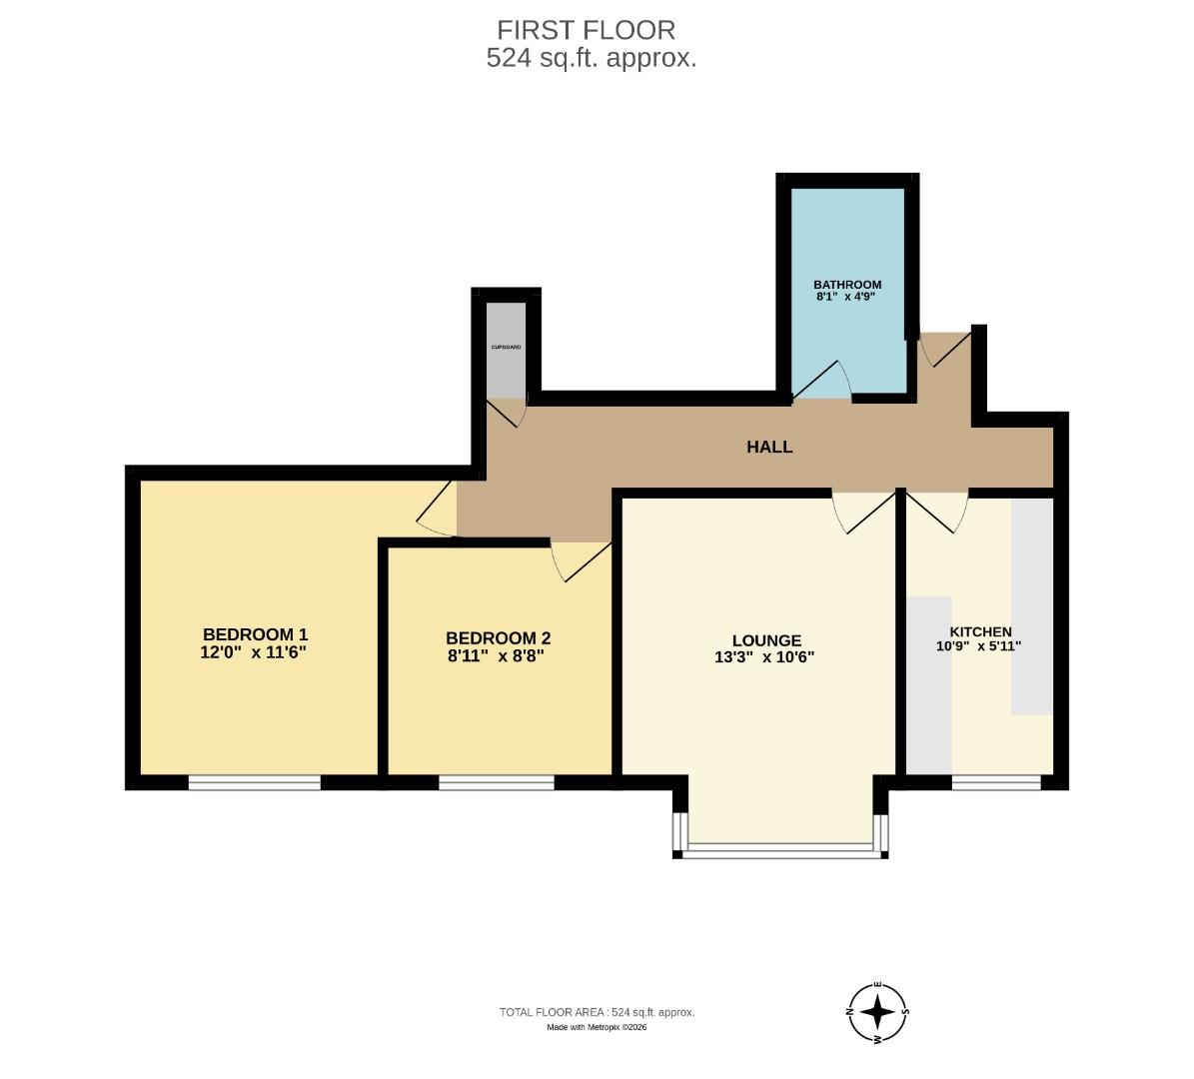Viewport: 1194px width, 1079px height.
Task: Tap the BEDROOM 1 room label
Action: tap(255, 634)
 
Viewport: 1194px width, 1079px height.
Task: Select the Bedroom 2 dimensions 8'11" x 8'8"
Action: tap(498, 657)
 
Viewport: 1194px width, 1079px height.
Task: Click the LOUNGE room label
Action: tap(766, 640)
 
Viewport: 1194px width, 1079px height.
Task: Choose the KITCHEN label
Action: tap(979, 631)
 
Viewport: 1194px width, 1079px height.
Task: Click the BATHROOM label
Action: tap(847, 285)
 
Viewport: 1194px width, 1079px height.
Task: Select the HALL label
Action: tap(769, 447)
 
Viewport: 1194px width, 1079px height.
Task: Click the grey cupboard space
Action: tap(506, 350)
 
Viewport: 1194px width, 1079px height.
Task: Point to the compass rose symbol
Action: tap(877, 1012)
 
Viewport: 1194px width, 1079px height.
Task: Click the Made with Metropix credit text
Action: tap(597, 1027)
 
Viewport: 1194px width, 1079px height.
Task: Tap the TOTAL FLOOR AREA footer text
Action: tap(597, 1012)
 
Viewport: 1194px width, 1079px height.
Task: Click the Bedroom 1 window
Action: tap(255, 782)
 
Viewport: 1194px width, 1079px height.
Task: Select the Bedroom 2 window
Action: tap(497, 782)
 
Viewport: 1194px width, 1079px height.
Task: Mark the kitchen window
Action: tap(996, 782)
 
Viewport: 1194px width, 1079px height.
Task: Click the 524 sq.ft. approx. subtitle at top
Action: tap(592, 58)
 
